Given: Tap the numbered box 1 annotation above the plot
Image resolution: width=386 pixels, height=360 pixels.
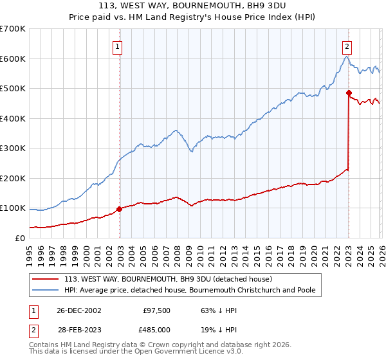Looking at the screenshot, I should click(x=119, y=46).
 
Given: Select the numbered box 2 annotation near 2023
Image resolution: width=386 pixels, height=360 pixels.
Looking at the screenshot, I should click(x=347, y=46).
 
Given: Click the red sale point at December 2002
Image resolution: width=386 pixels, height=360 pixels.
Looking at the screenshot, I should click(x=120, y=209).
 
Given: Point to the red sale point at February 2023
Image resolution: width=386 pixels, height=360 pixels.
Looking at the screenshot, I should click(x=349, y=93).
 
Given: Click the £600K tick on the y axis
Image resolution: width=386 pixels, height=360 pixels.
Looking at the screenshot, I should click(x=13, y=59).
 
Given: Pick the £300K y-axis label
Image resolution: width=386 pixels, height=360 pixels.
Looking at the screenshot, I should click(x=13, y=148).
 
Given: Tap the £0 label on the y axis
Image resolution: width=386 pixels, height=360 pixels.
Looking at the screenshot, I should click(x=20, y=239).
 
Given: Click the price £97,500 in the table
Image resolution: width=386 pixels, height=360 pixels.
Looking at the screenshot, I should click(x=157, y=310).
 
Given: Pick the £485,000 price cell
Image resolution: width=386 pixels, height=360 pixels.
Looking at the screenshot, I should click(x=157, y=328).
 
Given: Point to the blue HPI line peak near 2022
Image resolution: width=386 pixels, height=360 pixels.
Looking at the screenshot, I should click(x=345, y=57).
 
